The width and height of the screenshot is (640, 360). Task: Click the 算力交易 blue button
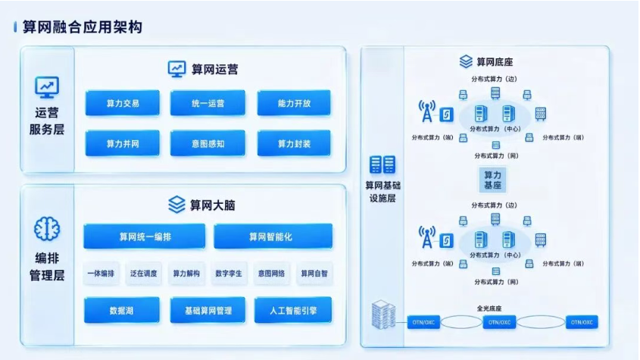point(123,103)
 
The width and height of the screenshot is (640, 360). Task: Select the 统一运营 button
point(208,103)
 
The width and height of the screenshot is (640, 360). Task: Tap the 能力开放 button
point(294,103)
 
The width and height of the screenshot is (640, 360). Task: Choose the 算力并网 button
point(123,143)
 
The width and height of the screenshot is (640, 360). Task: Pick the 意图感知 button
point(208,143)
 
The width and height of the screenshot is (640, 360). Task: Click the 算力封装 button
point(294,143)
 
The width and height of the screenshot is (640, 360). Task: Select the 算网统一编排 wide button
point(145,236)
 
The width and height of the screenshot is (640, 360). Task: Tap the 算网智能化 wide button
point(273,236)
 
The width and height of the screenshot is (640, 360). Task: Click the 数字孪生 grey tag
point(229,274)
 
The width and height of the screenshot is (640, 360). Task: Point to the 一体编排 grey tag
point(101,274)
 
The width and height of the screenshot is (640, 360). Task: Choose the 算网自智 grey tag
point(314,274)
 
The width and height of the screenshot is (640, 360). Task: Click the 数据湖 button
point(122,310)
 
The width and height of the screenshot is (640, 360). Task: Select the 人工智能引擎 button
point(293,310)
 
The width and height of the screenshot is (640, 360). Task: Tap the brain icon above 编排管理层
point(47,229)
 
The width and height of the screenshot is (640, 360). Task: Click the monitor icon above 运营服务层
point(47,87)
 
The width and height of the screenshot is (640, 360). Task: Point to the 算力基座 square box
point(492,180)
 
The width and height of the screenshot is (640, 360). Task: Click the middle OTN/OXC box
point(500,322)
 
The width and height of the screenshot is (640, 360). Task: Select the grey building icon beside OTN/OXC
point(383,315)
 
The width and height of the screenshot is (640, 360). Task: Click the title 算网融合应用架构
point(82,27)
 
